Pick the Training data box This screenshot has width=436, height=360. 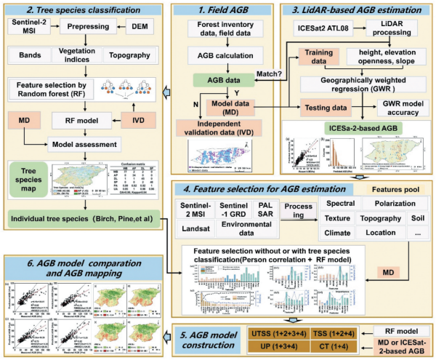point(318,57)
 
